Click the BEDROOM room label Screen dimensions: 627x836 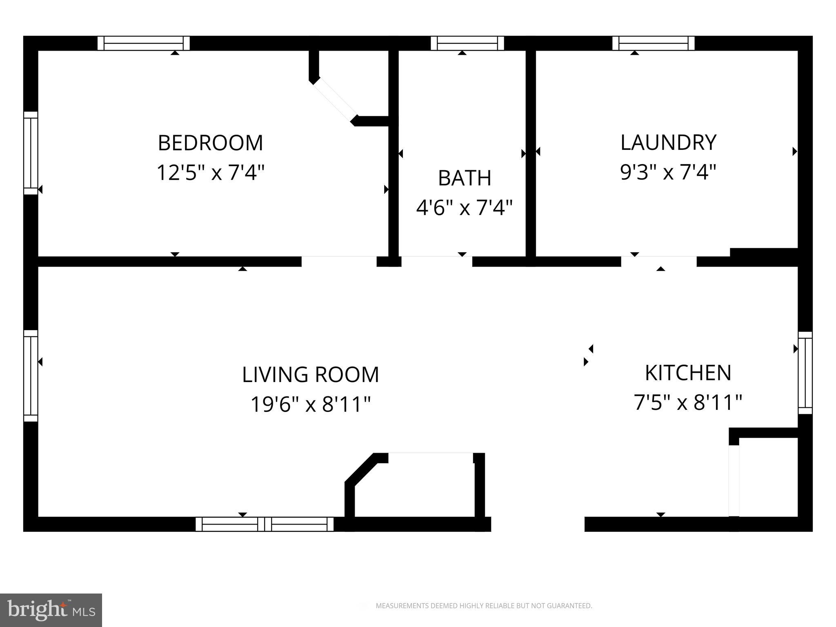(210, 143)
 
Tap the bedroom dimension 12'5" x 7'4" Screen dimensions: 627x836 (210, 172)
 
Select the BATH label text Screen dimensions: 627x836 (464, 178)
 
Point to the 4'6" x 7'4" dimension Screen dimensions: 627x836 (464, 207)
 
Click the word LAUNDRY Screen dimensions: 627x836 (668, 142)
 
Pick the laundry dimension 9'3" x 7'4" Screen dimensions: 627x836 (668, 172)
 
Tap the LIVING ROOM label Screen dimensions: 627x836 (310, 375)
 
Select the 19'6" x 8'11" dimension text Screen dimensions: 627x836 (310, 405)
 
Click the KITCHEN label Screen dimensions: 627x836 (688, 373)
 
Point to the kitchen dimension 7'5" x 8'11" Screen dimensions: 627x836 (688, 402)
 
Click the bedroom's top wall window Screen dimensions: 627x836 (144, 43)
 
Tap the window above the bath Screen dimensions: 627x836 (467, 43)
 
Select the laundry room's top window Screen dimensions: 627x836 (653, 43)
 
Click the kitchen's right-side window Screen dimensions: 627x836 (805, 373)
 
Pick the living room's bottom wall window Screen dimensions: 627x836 (265, 524)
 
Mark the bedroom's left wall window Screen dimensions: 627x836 (31, 153)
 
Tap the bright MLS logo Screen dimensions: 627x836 (51, 610)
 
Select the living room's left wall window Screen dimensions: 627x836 (31, 376)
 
